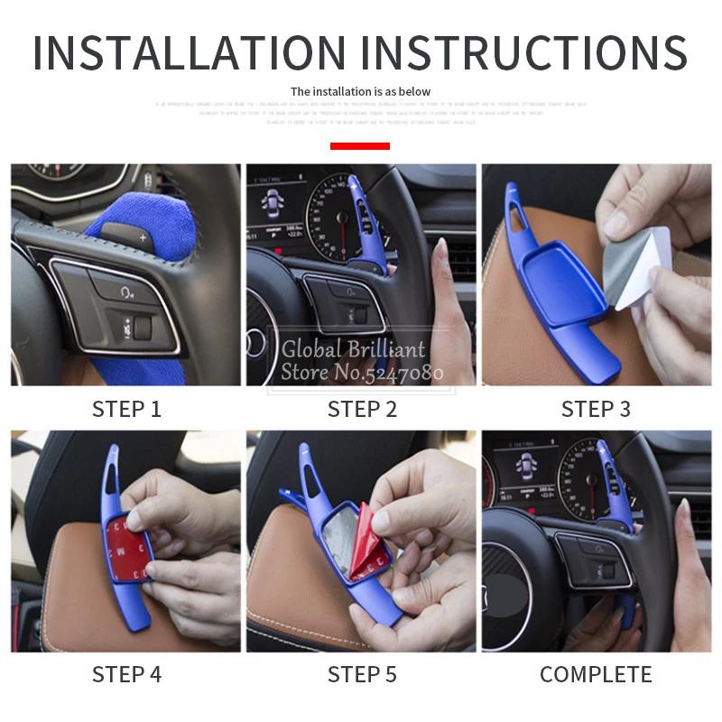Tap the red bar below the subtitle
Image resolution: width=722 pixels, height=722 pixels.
click(360, 145)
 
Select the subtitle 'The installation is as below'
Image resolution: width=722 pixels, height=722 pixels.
click(360, 91)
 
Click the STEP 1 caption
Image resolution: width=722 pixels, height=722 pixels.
click(126, 409)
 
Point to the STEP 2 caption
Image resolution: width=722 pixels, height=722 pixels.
click(362, 409)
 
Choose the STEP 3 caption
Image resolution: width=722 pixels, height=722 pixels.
click(596, 409)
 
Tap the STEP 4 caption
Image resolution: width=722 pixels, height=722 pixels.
click(126, 674)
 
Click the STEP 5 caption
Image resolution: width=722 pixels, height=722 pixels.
click(362, 674)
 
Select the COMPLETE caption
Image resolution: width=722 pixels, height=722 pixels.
click(596, 674)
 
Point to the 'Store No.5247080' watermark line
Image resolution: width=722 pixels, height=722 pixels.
click(364, 372)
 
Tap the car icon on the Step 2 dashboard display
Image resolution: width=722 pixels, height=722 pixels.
click(268, 205)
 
